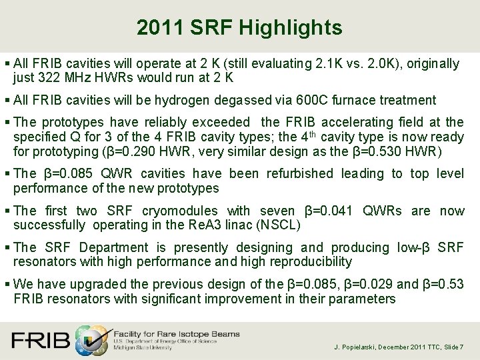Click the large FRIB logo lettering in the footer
(x=41, y=340)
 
